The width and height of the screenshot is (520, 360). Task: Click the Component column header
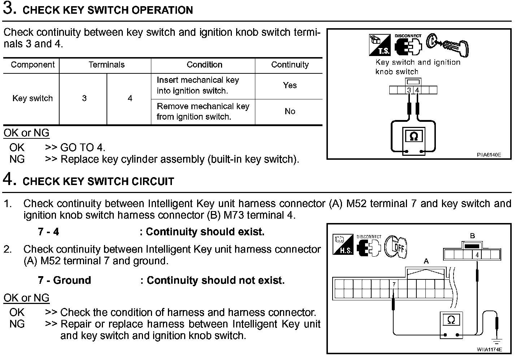click(32, 65)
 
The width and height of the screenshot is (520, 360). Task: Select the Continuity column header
click(290, 65)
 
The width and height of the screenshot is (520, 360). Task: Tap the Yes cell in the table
click(290, 85)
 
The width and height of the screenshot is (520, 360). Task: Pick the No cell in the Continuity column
click(290, 111)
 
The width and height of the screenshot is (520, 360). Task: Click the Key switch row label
click(32, 98)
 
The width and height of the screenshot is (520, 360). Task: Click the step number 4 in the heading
click(9, 180)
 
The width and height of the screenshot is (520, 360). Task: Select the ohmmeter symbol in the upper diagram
click(414, 137)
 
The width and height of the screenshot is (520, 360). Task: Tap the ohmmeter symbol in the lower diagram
click(451, 320)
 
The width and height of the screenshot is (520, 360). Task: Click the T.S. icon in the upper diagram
click(380, 45)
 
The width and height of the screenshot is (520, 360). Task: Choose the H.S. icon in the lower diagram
click(343, 245)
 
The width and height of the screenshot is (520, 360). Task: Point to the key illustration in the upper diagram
click(448, 44)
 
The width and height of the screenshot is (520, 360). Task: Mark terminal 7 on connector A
click(394, 284)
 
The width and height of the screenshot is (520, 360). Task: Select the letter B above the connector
click(472, 236)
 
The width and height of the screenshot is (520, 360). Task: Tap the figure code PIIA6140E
click(489, 155)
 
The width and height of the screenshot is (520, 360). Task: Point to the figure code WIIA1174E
click(489, 350)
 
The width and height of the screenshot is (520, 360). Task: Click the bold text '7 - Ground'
click(64, 280)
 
